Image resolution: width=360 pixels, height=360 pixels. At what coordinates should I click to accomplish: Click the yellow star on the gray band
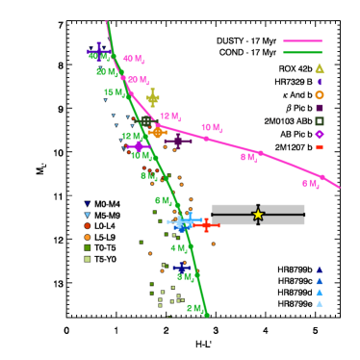tap(258, 214)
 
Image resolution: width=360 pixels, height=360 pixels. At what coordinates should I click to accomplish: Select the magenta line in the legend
tap(302, 41)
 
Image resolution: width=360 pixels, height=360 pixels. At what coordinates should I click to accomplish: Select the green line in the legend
tap(302, 52)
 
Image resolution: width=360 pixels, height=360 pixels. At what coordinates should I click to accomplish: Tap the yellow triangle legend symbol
tap(320, 68)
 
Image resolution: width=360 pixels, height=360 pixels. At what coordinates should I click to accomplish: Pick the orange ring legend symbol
tap(320, 94)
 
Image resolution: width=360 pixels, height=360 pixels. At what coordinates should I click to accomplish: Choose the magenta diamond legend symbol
tap(320, 135)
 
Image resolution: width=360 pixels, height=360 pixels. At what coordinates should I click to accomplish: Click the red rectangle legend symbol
tap(320, 147)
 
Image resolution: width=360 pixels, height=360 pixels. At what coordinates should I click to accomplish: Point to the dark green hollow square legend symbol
tap(320, 121)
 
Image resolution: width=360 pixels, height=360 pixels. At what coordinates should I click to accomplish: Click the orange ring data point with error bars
tap(157, 132)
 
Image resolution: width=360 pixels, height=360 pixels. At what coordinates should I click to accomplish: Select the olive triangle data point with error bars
tap(152, 96)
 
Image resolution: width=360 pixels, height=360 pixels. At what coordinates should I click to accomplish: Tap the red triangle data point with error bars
tap(205, 224)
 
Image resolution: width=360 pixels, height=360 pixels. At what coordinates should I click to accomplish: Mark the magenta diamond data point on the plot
tap(139, 146)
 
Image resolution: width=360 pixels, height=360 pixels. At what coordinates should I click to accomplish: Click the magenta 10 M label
tap(212, 128)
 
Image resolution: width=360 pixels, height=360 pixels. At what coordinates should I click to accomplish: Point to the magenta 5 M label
tap(310, 184)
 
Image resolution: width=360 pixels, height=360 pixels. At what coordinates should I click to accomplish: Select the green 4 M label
tap(179, 248)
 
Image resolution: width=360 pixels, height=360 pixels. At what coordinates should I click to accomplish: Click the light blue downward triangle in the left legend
tap(88, 215)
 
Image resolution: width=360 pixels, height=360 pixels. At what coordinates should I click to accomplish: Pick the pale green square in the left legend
tap(88, 259)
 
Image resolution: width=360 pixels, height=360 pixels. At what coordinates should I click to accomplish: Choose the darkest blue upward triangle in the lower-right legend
tap(320, 270)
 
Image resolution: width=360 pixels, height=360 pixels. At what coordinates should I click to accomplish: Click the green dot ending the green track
tap(206, 314)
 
